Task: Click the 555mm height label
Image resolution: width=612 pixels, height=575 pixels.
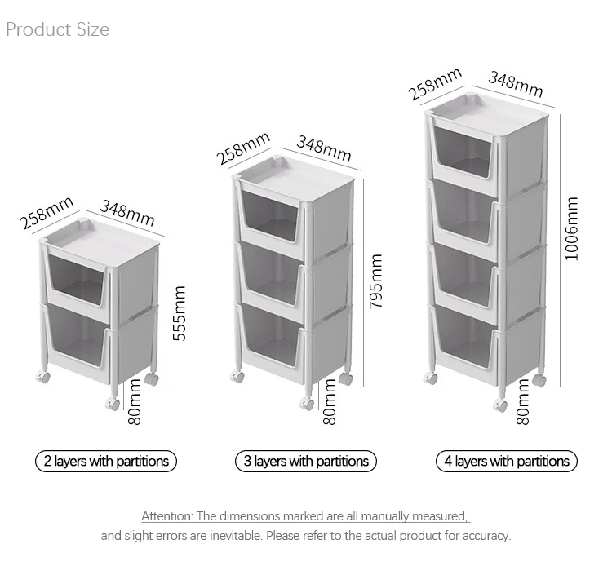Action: (x=180, y=314)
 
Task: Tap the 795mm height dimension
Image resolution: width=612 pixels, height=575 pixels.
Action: (x=376, y=281)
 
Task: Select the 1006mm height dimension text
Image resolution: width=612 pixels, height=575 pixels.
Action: (x=571, y=228)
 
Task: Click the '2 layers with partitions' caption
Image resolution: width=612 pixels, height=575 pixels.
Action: (x=106, y=461)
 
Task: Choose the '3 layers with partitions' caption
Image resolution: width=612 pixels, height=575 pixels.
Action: (x=306, y=461)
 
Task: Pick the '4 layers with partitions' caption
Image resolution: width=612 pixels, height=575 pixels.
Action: (x=507, y=461)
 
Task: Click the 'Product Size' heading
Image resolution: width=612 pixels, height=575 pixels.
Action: (x=57, y=29)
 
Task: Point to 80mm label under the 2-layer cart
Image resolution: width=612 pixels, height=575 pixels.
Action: (x=135, y=402)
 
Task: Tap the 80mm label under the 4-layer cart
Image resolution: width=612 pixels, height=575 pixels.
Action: (x=523, y=402)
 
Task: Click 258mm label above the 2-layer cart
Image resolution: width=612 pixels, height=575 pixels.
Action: (x=47, y=213)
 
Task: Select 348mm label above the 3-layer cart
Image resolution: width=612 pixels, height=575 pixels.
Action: (x=324, y=148)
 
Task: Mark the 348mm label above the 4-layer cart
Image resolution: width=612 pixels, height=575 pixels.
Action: (x=516, y=84)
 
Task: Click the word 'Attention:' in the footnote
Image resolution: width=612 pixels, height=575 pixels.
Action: (x=167, y=516)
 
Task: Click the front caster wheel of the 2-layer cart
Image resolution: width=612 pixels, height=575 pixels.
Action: (x=113, y=405)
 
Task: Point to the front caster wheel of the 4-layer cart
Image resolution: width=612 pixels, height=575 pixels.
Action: (x=501, y=405)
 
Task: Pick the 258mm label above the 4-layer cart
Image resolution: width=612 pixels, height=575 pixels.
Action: (x=435, y=84)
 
